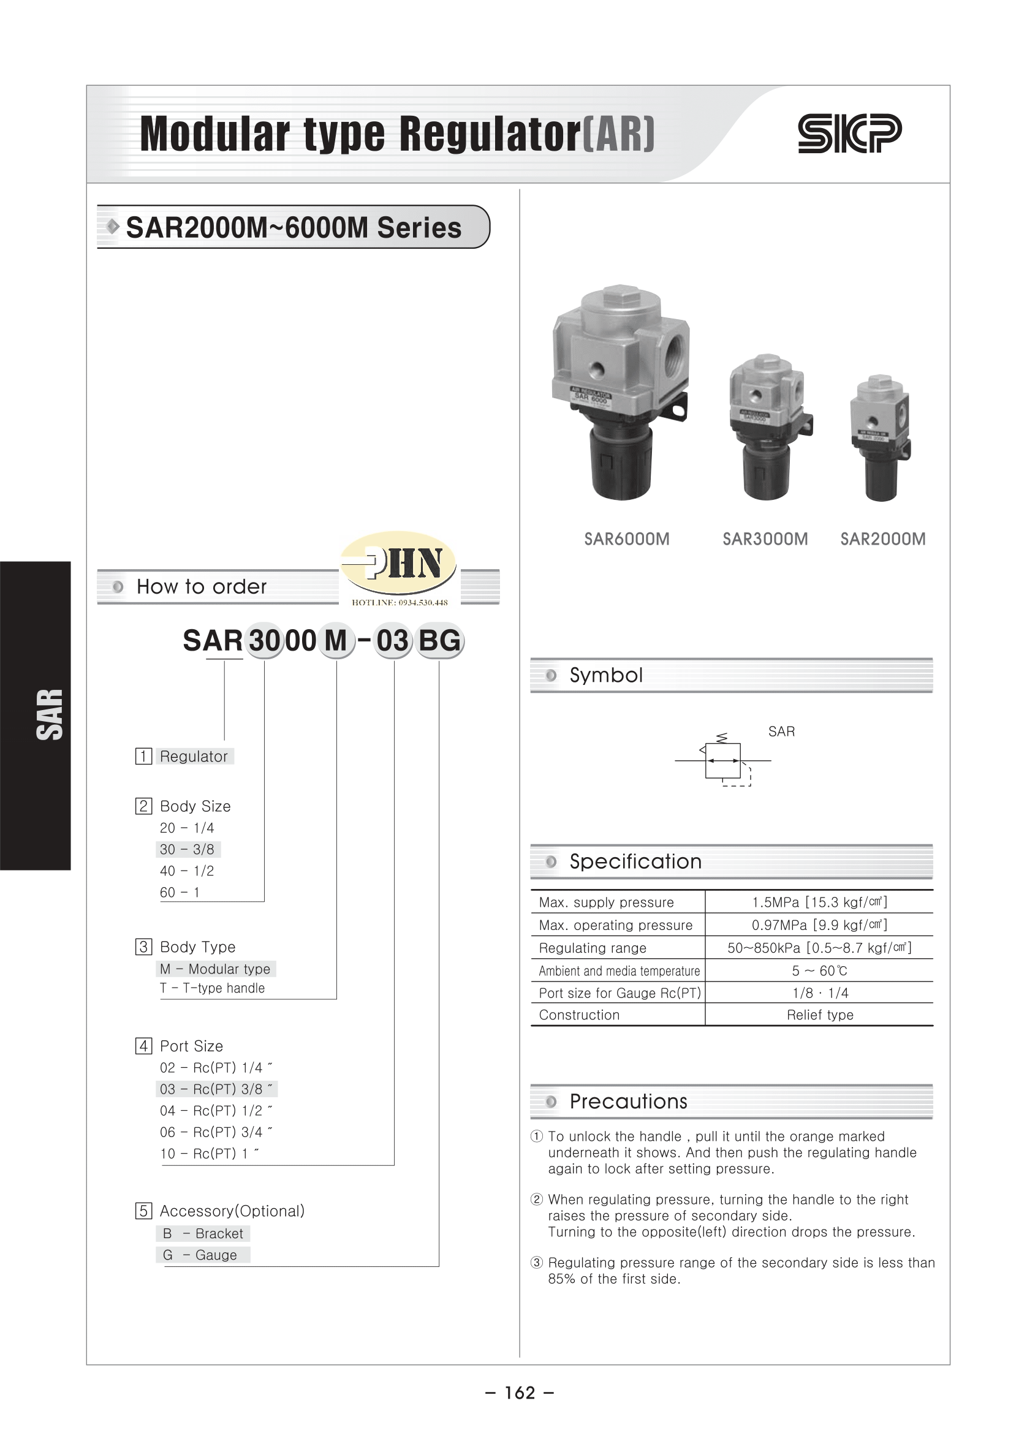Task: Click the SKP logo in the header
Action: click(849, 134)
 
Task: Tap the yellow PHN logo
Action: click(398, 562)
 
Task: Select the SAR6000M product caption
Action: click(626, 539)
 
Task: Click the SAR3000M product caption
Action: click(765, 539)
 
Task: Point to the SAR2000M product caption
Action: click(882, 539)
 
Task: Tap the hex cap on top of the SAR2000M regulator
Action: click(879, 382)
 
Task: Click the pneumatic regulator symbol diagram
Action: click(724, 761)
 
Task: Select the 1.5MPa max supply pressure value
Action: click(819, 902)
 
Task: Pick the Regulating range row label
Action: click(592, 948)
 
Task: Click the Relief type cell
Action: click(819, 1015)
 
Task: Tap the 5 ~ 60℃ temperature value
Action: click(819, 970)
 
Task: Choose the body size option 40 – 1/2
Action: click(186, 871)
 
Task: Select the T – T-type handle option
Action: click(212, 988)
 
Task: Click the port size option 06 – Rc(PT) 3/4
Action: click(215, 1132)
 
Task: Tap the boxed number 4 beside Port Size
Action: click(143, 1046)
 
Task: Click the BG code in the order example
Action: click(439, 641)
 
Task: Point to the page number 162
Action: click(520, 1393)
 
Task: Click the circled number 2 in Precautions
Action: click(537, 1199)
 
